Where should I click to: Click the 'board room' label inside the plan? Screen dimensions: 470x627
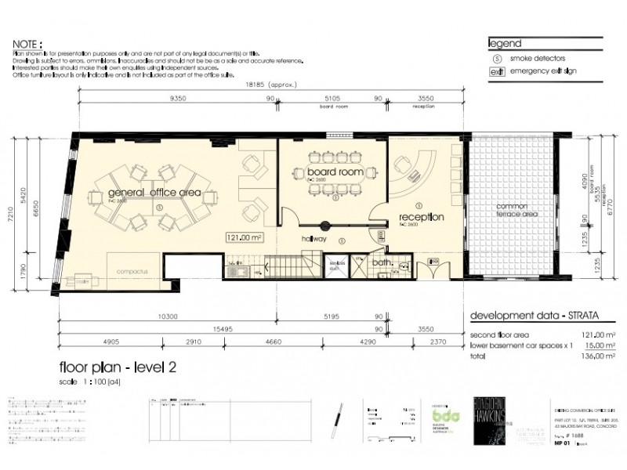click(x=334, y=172)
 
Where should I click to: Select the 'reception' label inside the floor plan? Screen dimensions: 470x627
click(x=422, y=216)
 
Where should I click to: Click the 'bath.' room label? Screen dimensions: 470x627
click(x=382, y=263)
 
